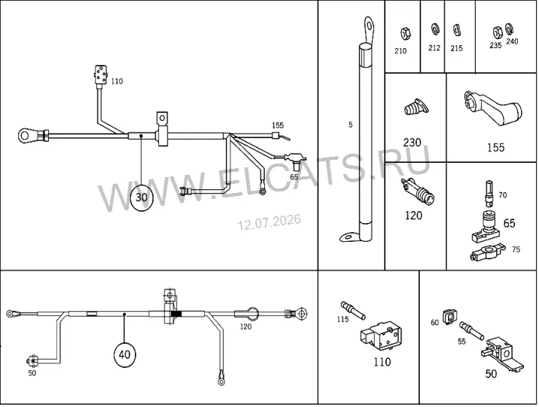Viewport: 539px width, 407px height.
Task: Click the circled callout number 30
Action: pyautogui.click(x=142, y=197)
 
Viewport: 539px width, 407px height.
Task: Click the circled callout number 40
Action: pyautogui.click(x=124, y=354)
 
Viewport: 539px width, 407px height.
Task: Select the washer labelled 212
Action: pyautogui.click(x=435, y=29)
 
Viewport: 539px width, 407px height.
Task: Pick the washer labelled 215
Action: pyautogui.click(x=456, y=29)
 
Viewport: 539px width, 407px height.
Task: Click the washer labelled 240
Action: pyautogui.click(x=509, y=29)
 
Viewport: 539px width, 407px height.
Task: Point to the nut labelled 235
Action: pyautogui.click(x=497, y=33)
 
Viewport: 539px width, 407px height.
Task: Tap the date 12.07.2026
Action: pyautogui.click(x=269, y=222)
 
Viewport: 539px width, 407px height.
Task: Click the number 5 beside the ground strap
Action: pyautogui.click(x=350, y=124)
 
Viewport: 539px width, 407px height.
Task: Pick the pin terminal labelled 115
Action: pyautogui.click(x=353, y=310)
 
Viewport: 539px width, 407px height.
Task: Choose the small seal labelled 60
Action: pyautogui.click(x=449, y=317)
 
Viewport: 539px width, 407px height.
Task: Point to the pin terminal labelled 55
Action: pyautogui.click(x=471, y=330)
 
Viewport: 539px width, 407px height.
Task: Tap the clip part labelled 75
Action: pyautogui.click(x=488, y=252)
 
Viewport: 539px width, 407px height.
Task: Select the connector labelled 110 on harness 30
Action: pyautogui.click(x=101, y=75)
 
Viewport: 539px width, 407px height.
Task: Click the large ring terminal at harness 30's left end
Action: pyautogui.click(x=24, y=135)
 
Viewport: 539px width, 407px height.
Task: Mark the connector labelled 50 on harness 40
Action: pyautogui.click(x=32, y=360)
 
